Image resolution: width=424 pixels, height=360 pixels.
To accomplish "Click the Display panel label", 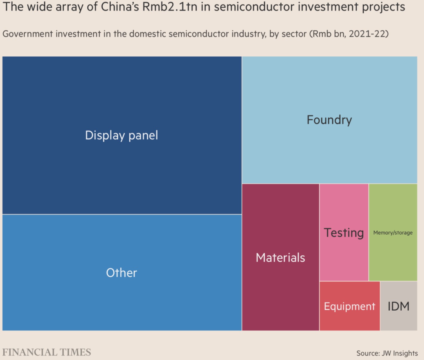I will click(x=122, y=135).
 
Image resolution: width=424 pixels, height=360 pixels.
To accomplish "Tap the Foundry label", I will click(x=329, y=120).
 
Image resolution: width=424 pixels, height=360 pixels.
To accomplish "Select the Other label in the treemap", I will click(x=122, y=273).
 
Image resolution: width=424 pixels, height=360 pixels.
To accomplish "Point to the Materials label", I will click(x=280, y=258).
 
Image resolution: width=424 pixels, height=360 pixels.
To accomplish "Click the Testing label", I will click(x=344, y=233).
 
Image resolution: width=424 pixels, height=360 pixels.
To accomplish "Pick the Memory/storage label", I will click(x=393, y=233).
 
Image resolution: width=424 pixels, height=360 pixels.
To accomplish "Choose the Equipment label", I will click(x=349, y=306).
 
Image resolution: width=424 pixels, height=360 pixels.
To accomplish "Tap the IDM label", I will click(x=398, y=306).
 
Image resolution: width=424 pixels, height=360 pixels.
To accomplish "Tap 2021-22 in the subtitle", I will click(x=367, y=34).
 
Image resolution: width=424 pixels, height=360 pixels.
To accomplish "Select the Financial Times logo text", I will click(x=47, y=352).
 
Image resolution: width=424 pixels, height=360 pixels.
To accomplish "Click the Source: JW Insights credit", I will click(x=387, y=353).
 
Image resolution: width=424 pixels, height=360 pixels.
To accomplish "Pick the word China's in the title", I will click(x=120, y=7).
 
